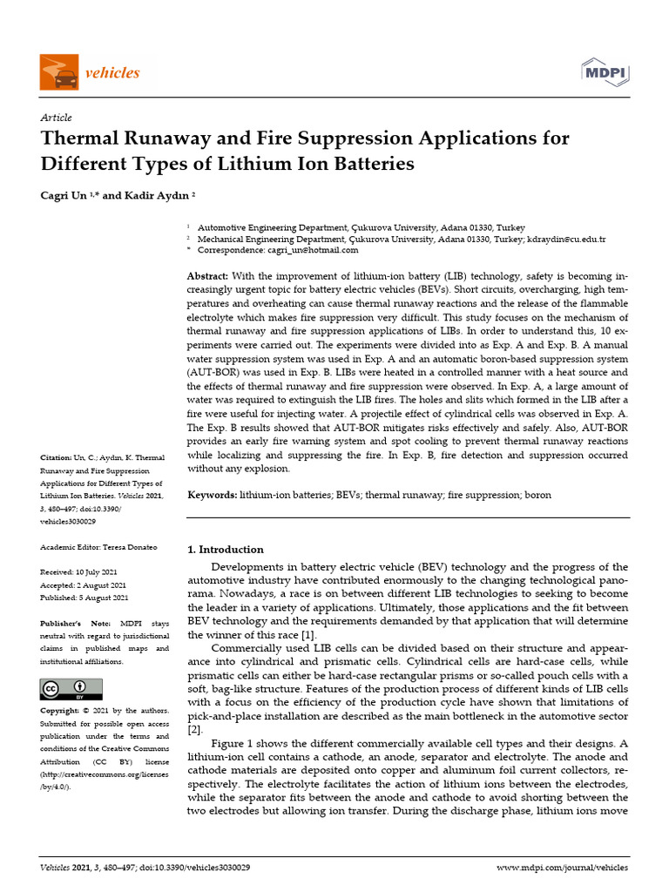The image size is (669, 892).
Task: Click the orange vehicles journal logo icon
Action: [59, 71]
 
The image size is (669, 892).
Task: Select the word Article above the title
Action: [57, 118]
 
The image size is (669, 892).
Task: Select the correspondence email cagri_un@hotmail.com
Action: [312, 250]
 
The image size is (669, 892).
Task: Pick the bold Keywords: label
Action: [213, 495]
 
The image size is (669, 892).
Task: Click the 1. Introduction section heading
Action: [226, 550]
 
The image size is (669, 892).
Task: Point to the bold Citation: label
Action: [58, 457]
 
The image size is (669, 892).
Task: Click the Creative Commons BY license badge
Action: [65, 689]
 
